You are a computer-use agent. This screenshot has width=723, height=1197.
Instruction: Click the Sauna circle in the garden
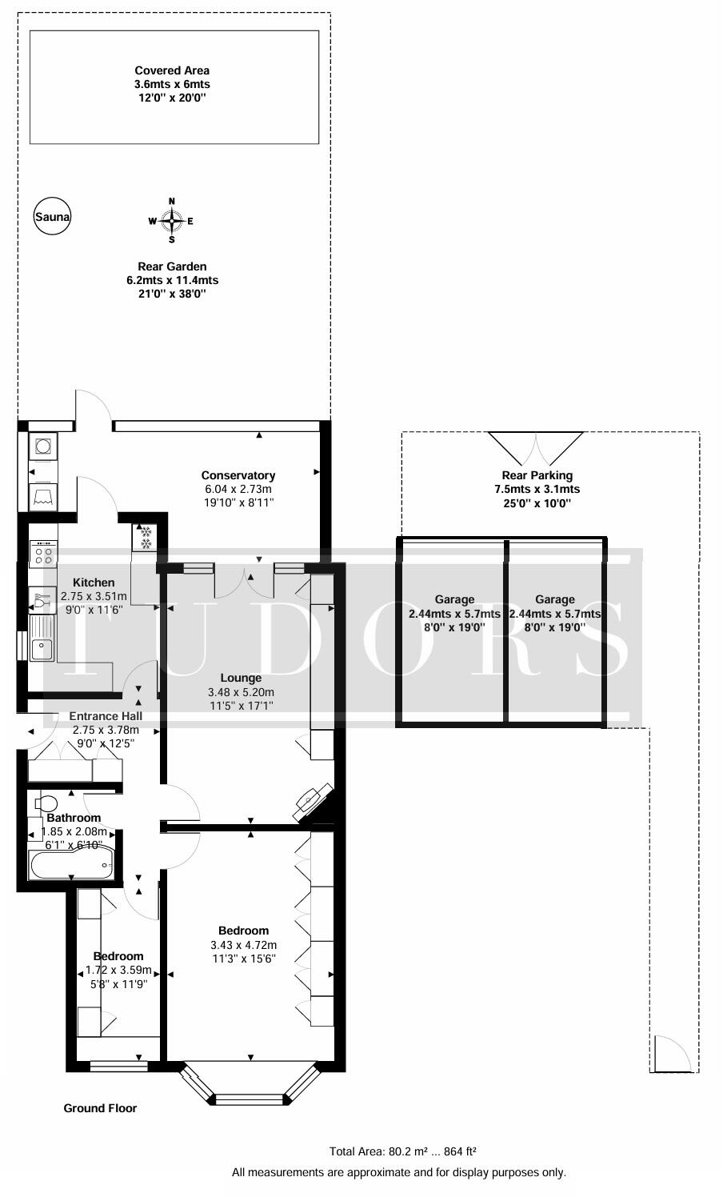(x=52, y=216)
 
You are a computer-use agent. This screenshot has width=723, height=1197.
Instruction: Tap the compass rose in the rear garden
(x=171, y=221)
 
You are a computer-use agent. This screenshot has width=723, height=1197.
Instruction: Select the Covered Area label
(x=172, y=70)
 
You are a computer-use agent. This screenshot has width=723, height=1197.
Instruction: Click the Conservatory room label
(x=238, y=475)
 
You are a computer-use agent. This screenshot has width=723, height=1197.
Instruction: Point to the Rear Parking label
(x=537, y=475)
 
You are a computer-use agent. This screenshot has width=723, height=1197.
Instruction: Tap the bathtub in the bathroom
(x=72, y=864)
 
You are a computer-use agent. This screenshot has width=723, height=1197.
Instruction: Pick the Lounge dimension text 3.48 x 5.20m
(x=241, y=692)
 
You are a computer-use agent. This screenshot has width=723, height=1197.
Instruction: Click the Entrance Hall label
(x=106, y=716)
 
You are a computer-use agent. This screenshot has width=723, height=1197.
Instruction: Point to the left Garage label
(x=454, y=599)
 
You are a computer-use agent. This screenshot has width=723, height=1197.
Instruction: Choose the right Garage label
(x=554, y=599)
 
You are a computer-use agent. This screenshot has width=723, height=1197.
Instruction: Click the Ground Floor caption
(x=100, y=1108)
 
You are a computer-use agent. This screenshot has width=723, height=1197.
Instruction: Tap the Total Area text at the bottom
(x=402, y=1151)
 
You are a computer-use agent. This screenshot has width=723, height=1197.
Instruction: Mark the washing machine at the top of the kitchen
(x=42, y=446)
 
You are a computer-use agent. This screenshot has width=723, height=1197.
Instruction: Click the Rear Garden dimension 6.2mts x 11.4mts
(x=172, y=280)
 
